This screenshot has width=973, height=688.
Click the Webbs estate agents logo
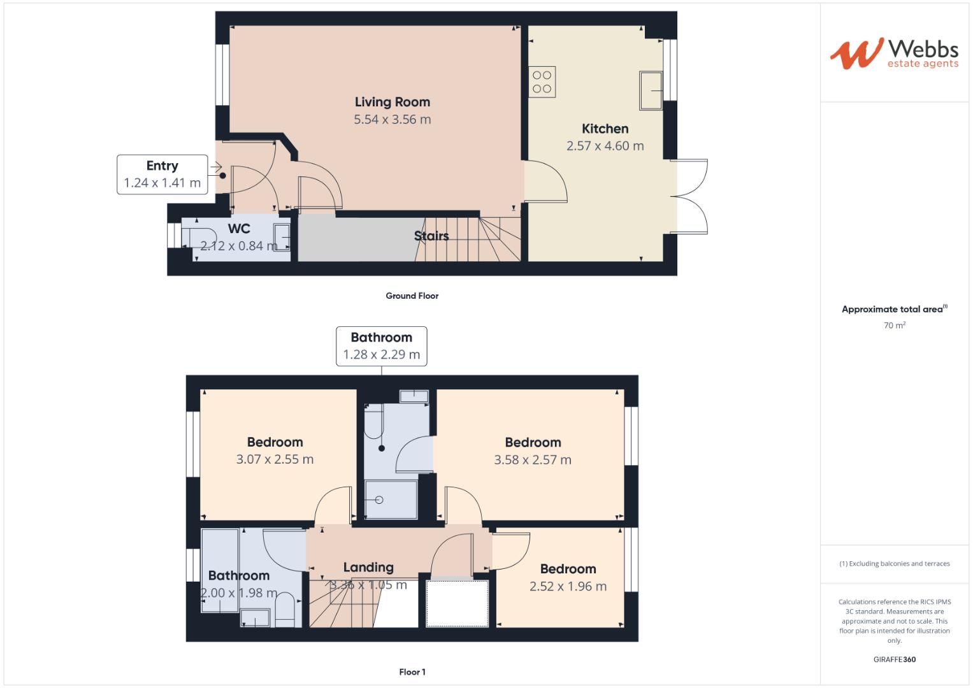pyautogui.click(x=893, y=54)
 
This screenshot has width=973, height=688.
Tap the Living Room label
pyautogui.click(x=392, y=102)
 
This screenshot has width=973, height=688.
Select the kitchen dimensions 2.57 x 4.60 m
pyautogui.click(x=605, y=146)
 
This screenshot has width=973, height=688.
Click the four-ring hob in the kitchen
pyautogui.click(x=542, y=82)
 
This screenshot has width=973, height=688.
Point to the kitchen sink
pyautogui.click(x=651, y=90)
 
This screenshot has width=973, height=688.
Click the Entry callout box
pyautogui.click(x=162, y=174)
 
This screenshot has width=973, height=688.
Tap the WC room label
pyautogui.click(x=239, y=229)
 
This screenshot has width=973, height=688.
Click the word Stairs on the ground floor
pyautogui.click(x=431, y=236)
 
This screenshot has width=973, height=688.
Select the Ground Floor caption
pyautogui.click(x=412, y=296)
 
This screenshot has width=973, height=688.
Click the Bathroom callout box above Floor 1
pyautogui.click(x=381, y=346)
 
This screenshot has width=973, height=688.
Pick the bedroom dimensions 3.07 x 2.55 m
pyautogui.click(x=275, y=459)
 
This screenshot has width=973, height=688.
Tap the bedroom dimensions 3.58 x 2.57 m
pyautogui.click(x=533, y=460)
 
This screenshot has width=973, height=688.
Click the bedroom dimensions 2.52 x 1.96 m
pyautogui.click(x=568, y=586)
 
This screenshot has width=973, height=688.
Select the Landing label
pyautogui.click(x=368, y=567)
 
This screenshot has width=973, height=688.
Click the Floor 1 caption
pyautogui.click(x=412, y=672)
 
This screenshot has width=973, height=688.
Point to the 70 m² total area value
pyautogui.click(x=894, y=326)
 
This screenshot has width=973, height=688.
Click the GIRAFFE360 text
pyautogui.click(x=894, y=659)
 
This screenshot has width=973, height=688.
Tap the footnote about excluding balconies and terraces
pyautogui.click(x=894, y=564)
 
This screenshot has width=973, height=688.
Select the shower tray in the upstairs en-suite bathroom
pyautogui.click(x=391, y=500)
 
